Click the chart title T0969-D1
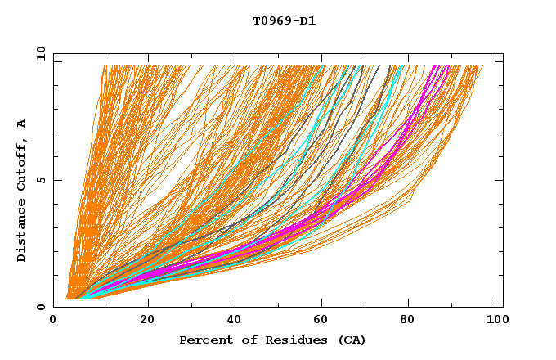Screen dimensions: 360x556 tap(284, 21)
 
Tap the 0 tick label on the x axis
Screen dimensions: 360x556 tap(54, 320)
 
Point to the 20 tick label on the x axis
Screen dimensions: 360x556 tap(147, 320)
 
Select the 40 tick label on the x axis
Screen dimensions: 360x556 tap(236, 320)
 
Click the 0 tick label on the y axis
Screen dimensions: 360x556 tap(40, 307)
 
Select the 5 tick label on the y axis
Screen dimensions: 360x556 tap(40, 180)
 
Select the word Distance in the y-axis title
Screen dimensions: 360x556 tap(22, 232)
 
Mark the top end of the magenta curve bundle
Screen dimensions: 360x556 tap(442, 67)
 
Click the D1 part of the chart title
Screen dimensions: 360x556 tap(307, 21)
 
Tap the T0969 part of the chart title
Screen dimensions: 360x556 tap(271, 21)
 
